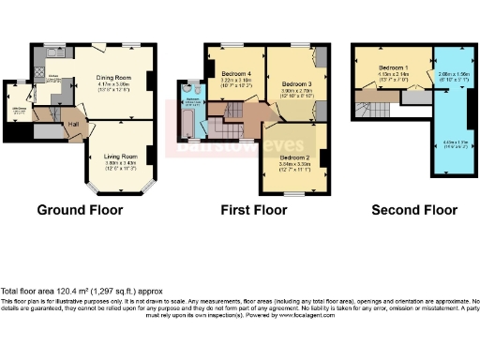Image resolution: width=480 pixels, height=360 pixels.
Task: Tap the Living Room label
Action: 119,156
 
